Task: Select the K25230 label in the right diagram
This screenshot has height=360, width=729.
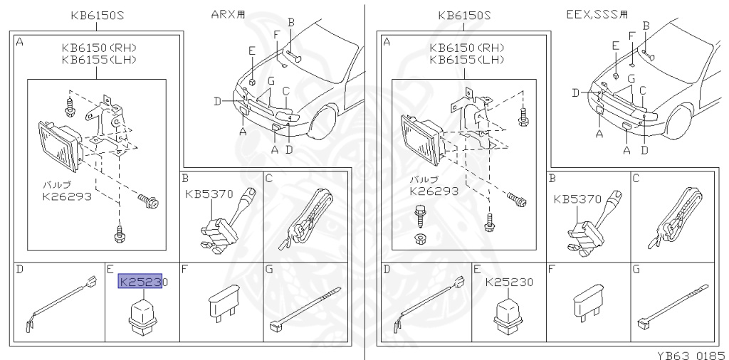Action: (x=509, y=282)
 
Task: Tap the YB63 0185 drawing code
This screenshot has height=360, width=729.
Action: (x=692, y=355)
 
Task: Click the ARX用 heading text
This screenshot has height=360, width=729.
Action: (x=229, y=14)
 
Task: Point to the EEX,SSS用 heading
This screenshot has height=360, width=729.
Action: (x=597, y=14)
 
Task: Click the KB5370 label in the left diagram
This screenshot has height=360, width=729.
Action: (x=209, y=194)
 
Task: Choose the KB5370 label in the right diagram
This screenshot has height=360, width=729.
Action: (x=577, y=199)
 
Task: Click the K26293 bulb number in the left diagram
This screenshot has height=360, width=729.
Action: (x=67, y=196)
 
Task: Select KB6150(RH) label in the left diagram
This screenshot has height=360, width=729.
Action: (x=100, y=48)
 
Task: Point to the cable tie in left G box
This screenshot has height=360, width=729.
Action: (x=305, y=309)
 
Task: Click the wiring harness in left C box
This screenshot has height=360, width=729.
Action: (x=305, y=218)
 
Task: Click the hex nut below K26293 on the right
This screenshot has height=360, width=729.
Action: (x=420, y=239)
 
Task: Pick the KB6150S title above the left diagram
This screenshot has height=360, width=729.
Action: (x=97, y=16)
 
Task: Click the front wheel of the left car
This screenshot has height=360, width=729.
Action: (x=322, y=122)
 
